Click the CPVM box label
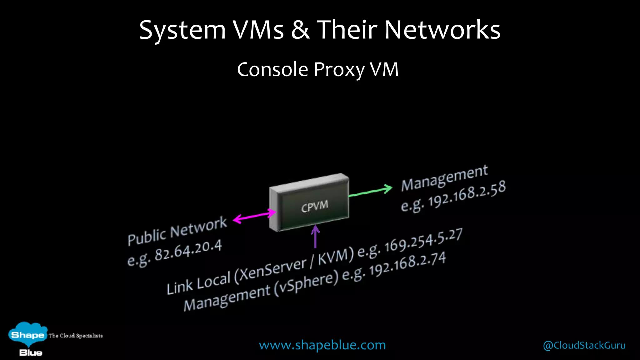coord(314,206)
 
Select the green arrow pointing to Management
coord(370,192)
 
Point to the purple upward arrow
coord(315,237)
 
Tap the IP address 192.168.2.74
coord(407,264)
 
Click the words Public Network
coord(177,231)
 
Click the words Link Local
coord(198,283)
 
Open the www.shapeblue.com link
coord(322,345)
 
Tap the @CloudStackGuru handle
coord(584,345)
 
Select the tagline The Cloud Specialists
coord(76,336)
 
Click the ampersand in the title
coord(300,30)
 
